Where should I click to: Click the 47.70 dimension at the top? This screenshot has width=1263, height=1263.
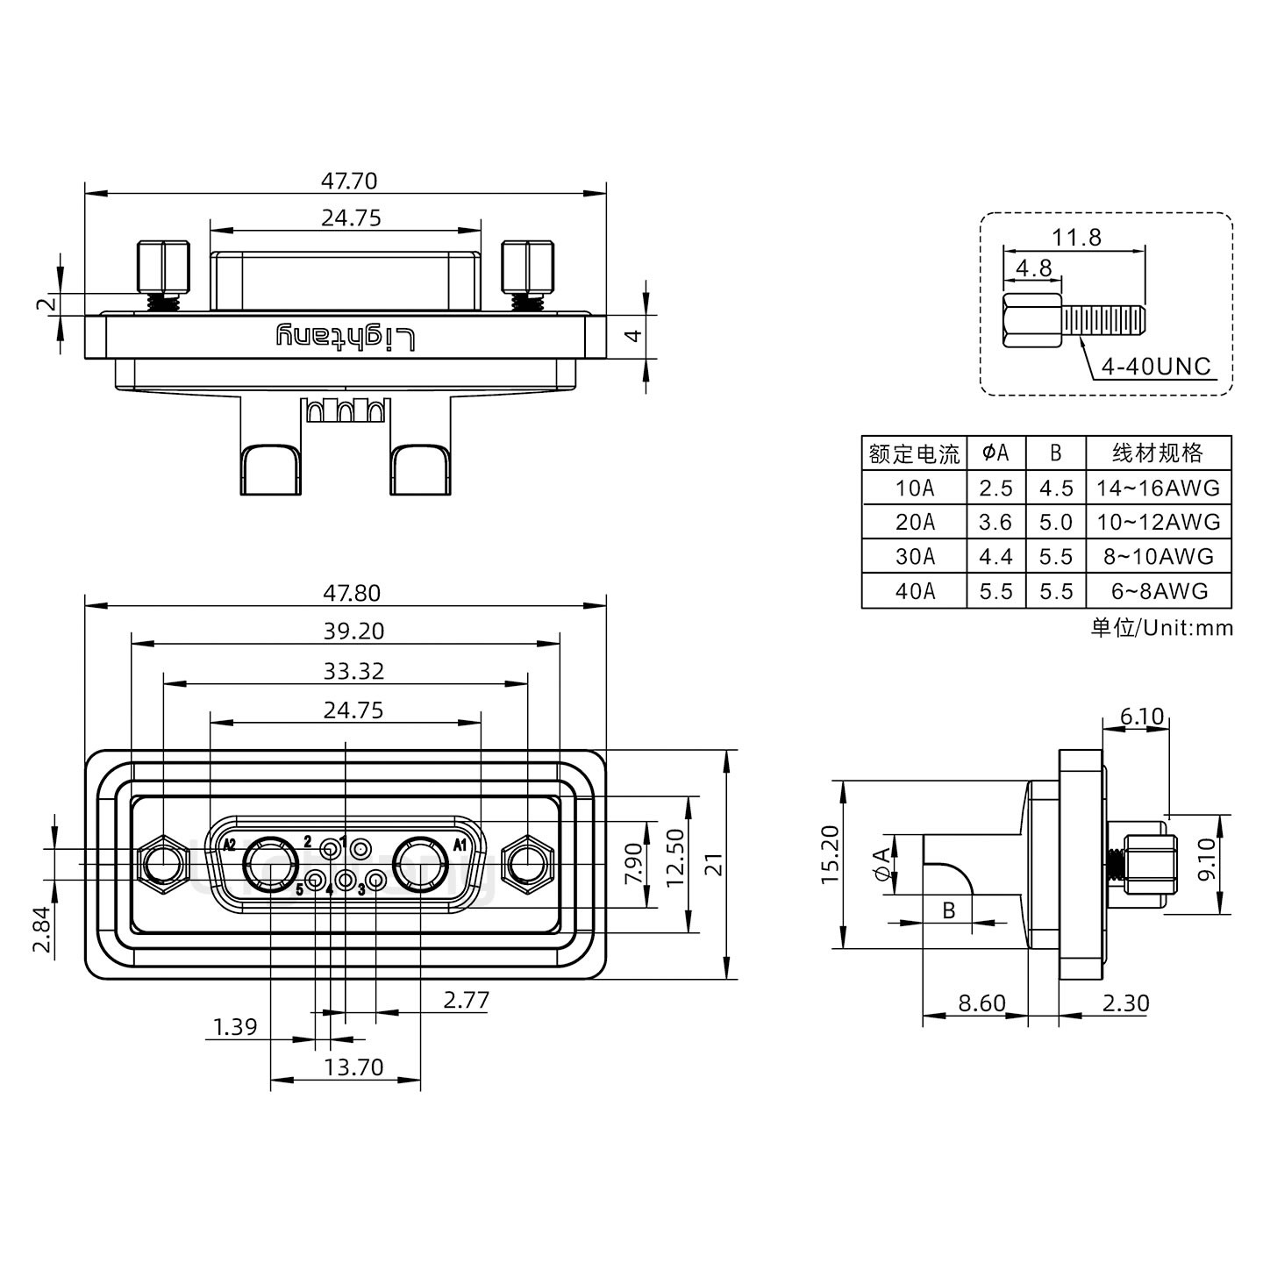[x=348, y=181]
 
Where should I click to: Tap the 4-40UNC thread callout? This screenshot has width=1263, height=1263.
[x=1155, y=367]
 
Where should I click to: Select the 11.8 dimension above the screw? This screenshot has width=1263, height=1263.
[x=1076, y=238]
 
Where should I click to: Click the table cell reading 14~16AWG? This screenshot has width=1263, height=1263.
[x=1158, y=488]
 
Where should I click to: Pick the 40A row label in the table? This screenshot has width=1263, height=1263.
[x=915, y=591]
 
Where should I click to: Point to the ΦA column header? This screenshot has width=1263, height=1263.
[x=995, y=453]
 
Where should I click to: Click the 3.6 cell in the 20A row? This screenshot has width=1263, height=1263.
[x=995, y=523]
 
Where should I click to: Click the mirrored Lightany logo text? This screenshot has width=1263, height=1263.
[x=345, y=337]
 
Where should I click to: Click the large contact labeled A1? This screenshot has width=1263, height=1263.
[x=421, y=866]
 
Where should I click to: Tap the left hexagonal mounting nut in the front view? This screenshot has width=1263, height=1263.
[x=164, y=866]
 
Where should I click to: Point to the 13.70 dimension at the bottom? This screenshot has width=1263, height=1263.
[x=353, y=1067]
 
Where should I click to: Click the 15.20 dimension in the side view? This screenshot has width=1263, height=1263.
[x=831, y=854]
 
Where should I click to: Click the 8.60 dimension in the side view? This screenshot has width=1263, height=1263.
[x=981, y=1003]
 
